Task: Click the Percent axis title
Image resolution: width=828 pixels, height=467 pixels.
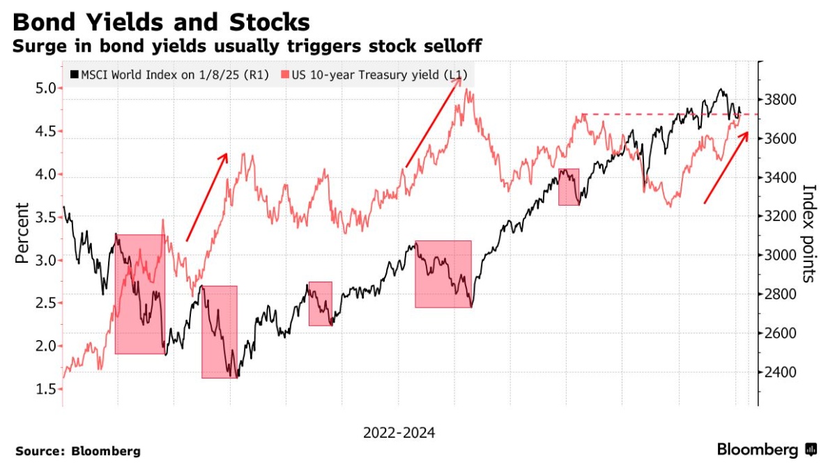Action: tap(22, 233)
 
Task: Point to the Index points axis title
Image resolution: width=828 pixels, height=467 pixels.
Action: tap(809, 233)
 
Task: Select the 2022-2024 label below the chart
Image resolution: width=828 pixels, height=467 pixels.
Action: tap(399, 433)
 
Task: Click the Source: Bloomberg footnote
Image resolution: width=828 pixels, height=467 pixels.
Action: tap(78, 451)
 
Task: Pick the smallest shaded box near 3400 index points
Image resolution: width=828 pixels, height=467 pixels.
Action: tap(569, 187)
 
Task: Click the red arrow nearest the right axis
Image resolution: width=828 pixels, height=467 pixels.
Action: tap(726, 167)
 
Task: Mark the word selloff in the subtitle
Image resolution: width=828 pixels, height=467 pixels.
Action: tap(447, 47)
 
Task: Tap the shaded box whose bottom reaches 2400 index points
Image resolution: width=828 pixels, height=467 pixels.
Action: tap(220, 332)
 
